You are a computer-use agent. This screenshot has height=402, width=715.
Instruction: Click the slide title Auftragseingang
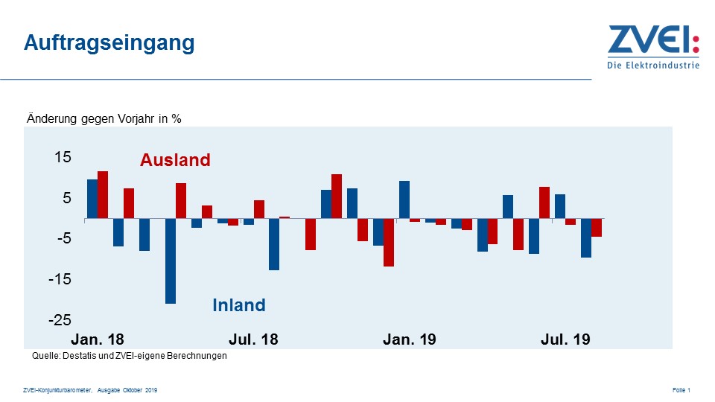(x=109, y=42)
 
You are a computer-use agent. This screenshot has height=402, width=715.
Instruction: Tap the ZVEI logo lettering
(x=653, y=40)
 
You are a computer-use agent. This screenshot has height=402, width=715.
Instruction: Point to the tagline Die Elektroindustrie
(x=654, y=65)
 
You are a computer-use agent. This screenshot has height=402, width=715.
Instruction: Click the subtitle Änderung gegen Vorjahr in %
(x=104, y=118)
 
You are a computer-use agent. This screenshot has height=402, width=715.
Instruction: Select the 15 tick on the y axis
(x=62, y=158)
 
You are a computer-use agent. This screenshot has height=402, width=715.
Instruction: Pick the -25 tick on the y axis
(x=60, y=320)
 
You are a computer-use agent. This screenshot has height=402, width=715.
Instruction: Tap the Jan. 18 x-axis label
(x=98, y=339)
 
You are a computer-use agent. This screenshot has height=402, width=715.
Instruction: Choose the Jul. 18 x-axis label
(x=253, y=339)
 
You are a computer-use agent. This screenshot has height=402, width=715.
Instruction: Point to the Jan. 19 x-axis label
(x=409, y=339)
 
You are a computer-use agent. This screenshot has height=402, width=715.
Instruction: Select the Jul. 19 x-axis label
(x=565, y=339)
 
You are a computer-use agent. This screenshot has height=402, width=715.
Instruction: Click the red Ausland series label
(x=175, y=160)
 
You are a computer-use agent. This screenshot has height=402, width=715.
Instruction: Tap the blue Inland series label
(x=238, y=305)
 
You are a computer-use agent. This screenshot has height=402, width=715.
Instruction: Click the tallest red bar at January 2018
(x=103, y=195)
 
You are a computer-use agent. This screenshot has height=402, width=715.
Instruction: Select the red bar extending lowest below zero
(x=388, y=243)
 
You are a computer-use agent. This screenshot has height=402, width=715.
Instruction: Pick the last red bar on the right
(x=597, y=228)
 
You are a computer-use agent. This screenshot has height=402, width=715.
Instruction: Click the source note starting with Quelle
(x=129, y=356)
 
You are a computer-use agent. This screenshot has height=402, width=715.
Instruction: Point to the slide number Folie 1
(x=681, y=390)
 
